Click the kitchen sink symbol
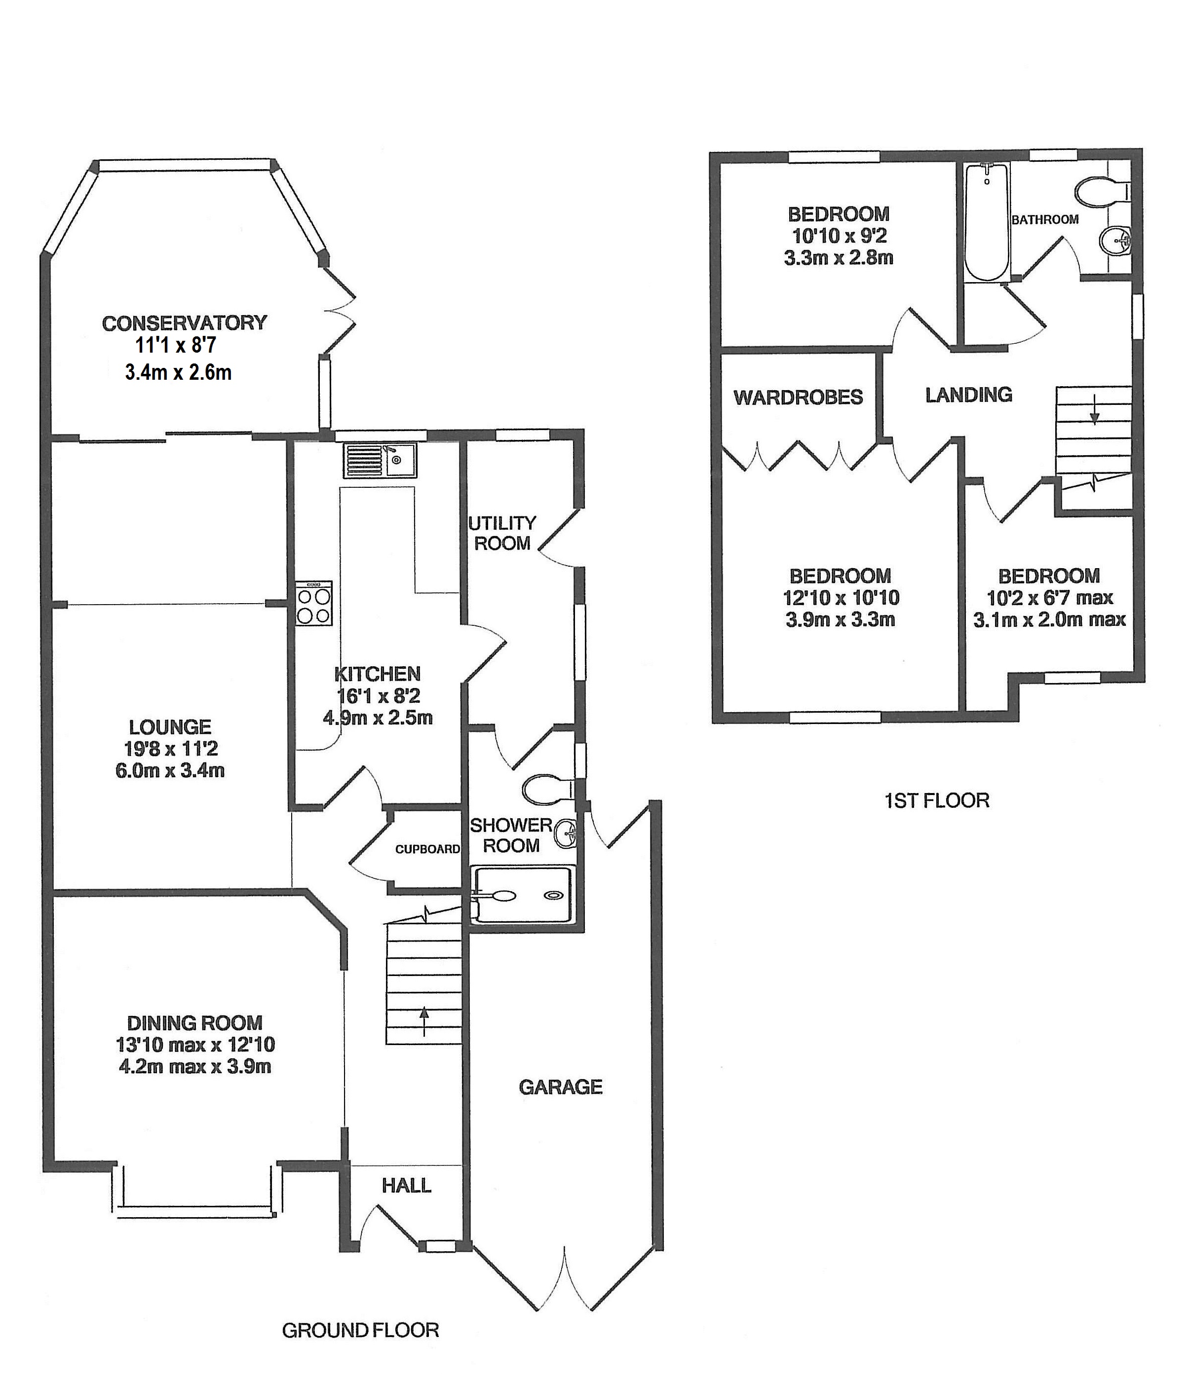coord(380,460)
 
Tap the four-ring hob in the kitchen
coord(314,605)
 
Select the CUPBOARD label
coord(427,849)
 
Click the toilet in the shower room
coord(546,790)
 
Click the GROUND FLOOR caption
coord(360,1330)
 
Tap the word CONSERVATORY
coord(185,323)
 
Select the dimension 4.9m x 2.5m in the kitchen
coord(378,718)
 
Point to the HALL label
coord(406,1185)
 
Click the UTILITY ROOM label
coord(502,533)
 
